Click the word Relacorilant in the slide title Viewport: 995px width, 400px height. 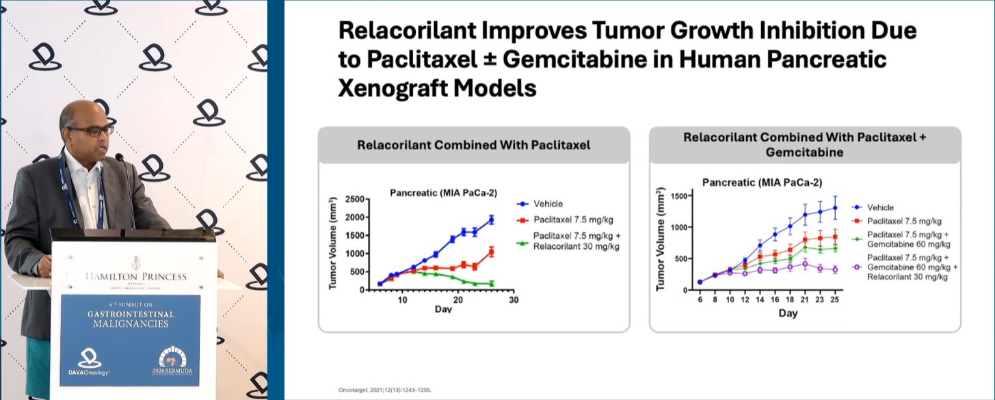coord(407,30)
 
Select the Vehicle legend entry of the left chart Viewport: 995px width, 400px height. coord(540,204)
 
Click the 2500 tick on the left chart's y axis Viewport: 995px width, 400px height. coord(354,199)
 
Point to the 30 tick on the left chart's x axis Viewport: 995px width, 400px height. coord(514,300)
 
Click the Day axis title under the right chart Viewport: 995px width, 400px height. coord(788,313)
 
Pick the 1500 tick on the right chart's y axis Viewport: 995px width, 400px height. coord(679,196)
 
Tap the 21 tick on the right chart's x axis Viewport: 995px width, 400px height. coord(804,299)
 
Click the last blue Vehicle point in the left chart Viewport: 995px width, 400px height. coord(491,219)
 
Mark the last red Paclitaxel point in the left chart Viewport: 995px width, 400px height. coord(491,252)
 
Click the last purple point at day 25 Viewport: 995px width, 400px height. coord(835,269)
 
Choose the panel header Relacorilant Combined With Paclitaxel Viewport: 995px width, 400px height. coord(473,145)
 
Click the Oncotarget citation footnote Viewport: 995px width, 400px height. coord(385,390)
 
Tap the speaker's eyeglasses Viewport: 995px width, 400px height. coord(92,131)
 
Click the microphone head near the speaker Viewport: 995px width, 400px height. coord(120,157)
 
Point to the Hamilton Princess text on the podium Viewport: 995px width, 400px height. coord(136,277)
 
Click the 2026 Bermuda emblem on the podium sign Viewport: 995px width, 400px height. coord(172,362)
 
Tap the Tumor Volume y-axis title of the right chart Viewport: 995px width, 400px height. coord(661,239)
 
